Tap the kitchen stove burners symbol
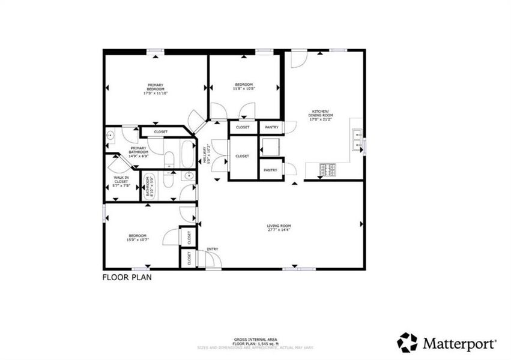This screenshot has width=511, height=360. (x=328, y=170)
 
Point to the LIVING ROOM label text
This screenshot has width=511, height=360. (x=278, y=227)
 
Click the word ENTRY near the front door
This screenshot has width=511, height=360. (x=213, y=249)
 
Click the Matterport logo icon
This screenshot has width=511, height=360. (x=407, y=343)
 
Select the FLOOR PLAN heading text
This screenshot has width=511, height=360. (x=127, y=278)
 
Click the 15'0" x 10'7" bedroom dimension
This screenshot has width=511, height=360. (x=138, y=240)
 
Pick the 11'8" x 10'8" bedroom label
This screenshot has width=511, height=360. (x=244, y=86)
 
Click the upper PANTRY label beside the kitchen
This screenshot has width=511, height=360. (x=271, y=127)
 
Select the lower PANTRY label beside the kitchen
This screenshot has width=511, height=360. (x=271, y=170)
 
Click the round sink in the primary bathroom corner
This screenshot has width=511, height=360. (x=110, y=136)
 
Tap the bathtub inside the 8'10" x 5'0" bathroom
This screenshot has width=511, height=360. (x=149, y=187)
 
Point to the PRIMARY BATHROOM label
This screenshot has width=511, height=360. (x=138, y=150)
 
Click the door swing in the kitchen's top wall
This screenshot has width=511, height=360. (x=298, y=59)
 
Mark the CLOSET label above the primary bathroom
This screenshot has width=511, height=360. (x=160, y=131)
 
